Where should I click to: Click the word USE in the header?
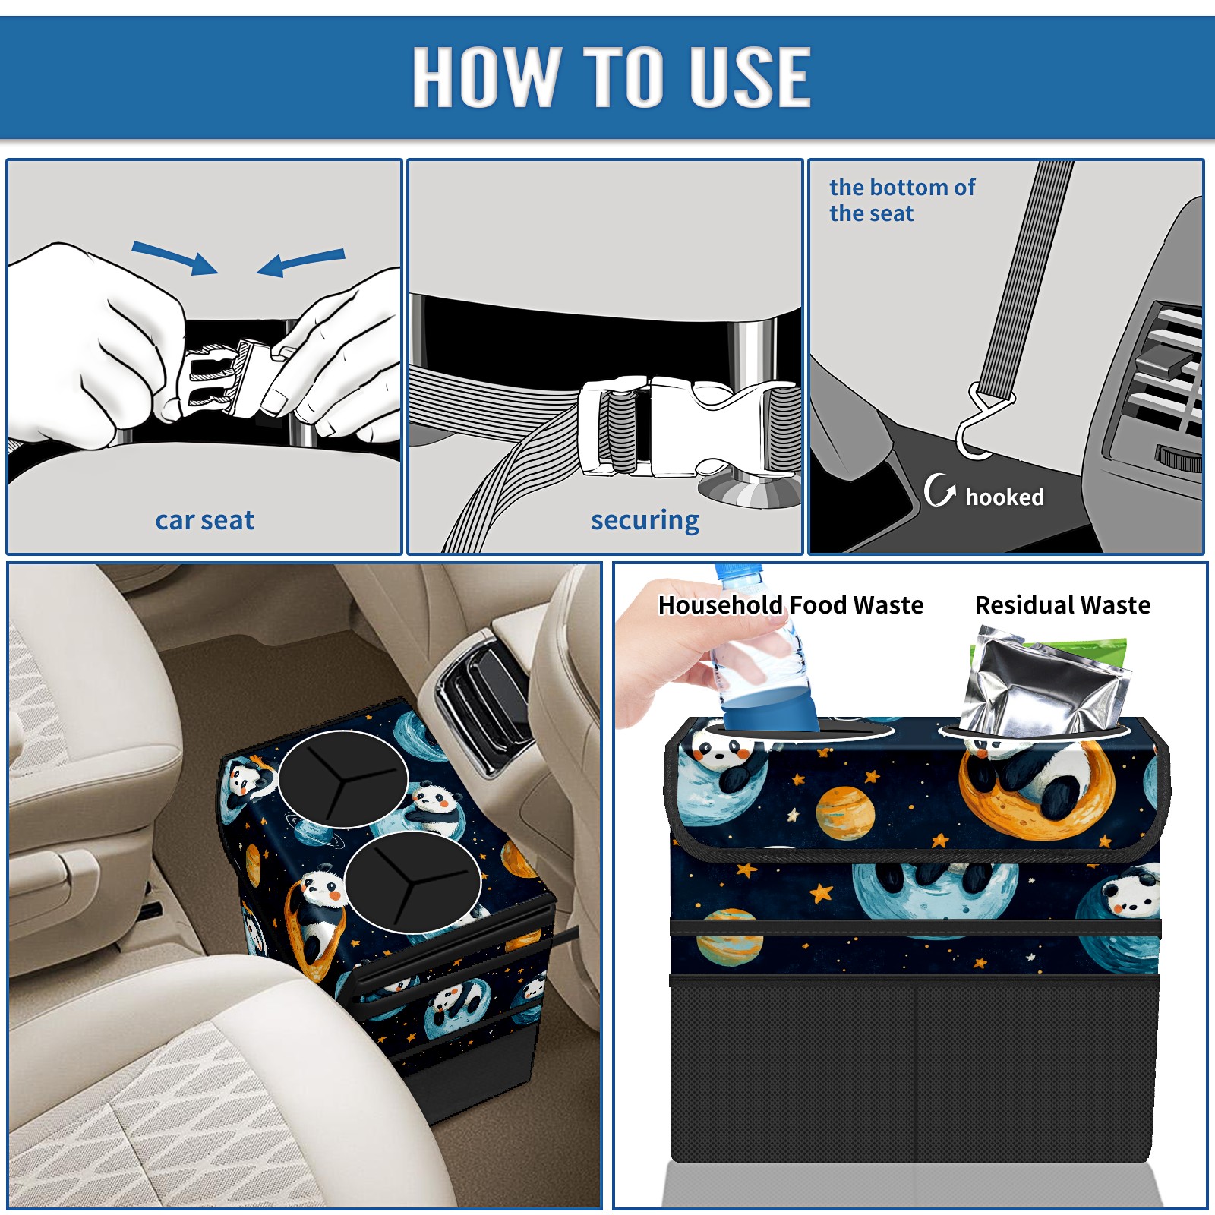point(750,76)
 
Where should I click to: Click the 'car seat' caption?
point(204,520)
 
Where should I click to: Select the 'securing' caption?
point(645,521)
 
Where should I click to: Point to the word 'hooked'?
point(1005,497)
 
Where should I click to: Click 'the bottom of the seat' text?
point(902,200)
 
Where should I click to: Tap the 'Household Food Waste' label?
point(791,604)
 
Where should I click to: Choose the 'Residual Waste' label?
point(1062,604)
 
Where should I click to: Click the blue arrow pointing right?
point(175,257)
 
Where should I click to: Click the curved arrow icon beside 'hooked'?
point(939,490)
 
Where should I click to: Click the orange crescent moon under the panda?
point(1037,794)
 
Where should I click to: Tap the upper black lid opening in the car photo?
point(343,779)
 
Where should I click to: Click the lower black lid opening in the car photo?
point(412,882)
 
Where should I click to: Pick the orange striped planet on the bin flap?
point(845,813)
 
